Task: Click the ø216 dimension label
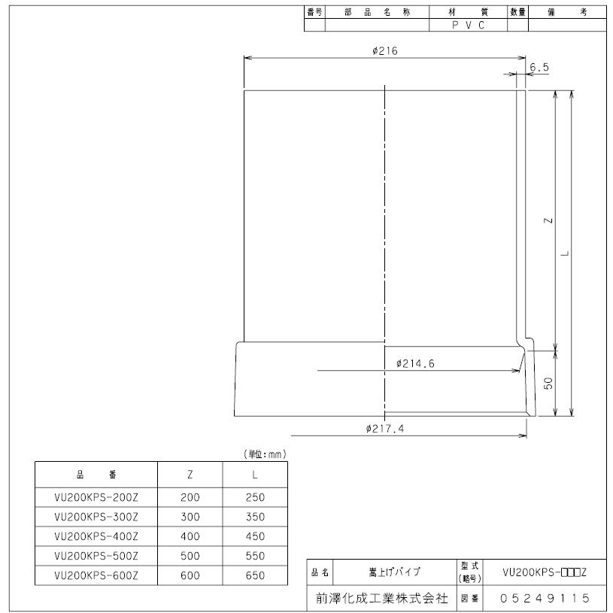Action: point(384,50)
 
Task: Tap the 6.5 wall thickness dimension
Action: point(539,67)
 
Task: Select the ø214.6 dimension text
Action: point(415,364)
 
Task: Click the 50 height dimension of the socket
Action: point(549,383)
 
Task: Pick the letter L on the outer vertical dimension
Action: point(566,252)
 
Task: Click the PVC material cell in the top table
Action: point(469,25)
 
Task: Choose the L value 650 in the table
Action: point(254,577)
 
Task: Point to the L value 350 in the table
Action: point(254,518)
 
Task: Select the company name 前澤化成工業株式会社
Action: point(381,599)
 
